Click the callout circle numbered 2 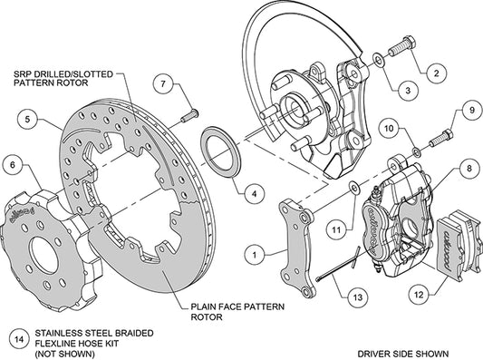click(437, 73)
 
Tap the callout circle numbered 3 click(408, 91)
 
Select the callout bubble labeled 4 click(254, 194)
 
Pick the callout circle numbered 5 click(28, 119)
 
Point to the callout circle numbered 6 click(13, 165)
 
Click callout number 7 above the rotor click(163, 83)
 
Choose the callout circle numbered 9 click(471, 111)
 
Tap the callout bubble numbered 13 click(358, 297)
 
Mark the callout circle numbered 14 click(19, 339)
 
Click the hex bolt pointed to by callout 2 click(402, 46)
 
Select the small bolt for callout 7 click(189, 115)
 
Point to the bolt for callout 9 click(440, 139)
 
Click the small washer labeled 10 click(417, 152)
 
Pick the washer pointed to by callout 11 click(353, 188)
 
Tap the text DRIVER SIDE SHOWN click(403, 354)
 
